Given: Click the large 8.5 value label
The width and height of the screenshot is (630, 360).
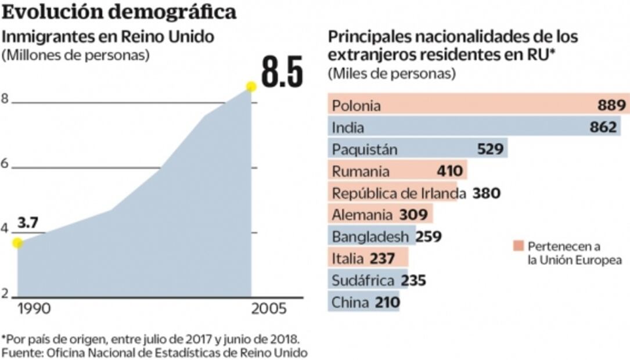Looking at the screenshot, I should [282, 71].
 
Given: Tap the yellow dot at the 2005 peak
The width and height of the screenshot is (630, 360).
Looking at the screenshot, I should [251, 87].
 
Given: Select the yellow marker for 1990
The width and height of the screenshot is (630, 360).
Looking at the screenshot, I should [17, 243].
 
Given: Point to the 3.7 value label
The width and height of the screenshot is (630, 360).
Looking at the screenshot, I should [27, 223].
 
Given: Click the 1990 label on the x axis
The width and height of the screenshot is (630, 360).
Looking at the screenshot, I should [34, 308].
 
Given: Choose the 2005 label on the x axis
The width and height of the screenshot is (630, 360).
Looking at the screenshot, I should [269, 308].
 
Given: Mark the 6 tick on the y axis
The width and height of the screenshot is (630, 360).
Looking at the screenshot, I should [5, 164].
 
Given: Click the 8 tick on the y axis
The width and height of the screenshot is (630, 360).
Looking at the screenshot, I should [5, 99].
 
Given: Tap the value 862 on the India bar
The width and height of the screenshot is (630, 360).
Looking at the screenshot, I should [603, 127].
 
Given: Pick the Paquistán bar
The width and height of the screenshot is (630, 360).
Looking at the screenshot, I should [417, 149].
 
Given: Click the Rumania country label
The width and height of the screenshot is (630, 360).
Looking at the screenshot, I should [361, 171].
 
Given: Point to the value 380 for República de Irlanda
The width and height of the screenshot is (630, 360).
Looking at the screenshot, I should [487, 193].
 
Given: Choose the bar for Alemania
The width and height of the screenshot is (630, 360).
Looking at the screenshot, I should [380, 215].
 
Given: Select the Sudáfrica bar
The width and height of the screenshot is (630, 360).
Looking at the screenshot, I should [363, 280].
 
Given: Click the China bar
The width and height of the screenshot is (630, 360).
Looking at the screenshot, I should [363, 303].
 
